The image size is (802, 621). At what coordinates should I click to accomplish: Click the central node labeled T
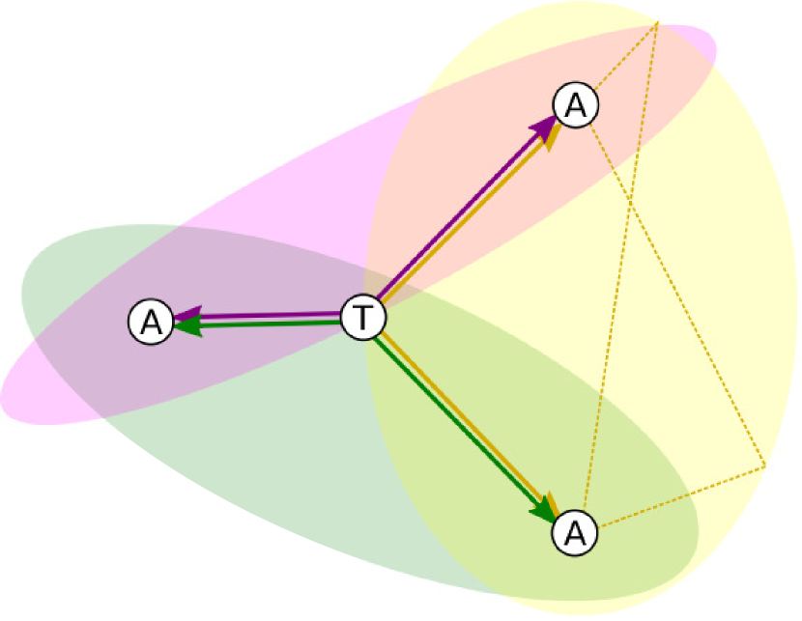click(x=364, y=317)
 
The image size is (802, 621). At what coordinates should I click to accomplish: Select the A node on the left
click(x=150, y=322)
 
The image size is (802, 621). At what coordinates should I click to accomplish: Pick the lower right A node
click(x=575, y=531)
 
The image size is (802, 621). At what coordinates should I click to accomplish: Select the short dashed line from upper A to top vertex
click(x=625, y=59)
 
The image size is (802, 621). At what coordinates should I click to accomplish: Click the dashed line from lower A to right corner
click(x=681, y=497)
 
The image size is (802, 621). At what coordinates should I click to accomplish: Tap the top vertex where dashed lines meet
click(x=658, y=21)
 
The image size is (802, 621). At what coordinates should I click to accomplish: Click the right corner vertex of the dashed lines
click(x=765, y=466)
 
